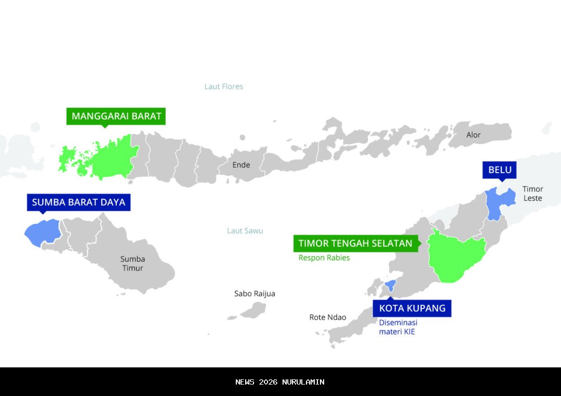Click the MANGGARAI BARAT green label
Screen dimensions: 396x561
coord(116,116)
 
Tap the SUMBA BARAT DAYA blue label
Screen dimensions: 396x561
coord(78,202)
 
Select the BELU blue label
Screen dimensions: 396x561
coord(500,170)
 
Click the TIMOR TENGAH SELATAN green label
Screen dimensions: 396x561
coord(355,244)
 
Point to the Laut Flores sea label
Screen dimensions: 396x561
coord(223,86)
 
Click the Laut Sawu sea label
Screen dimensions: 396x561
coord(245,231)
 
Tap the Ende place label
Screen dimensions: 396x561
coord(241,165)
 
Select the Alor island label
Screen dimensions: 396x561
coord(473,135)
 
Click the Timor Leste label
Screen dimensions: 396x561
coord(532,194)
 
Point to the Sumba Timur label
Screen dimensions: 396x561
coord(132,263)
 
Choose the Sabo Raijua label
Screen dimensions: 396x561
coord(255,293)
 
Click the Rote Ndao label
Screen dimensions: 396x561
coord(327,317)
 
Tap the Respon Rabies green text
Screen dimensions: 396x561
coord(324,258)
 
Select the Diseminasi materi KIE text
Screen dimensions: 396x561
coord(398,327)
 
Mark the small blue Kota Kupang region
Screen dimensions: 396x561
coord(391,285)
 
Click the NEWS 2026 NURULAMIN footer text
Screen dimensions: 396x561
coord(280,382)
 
